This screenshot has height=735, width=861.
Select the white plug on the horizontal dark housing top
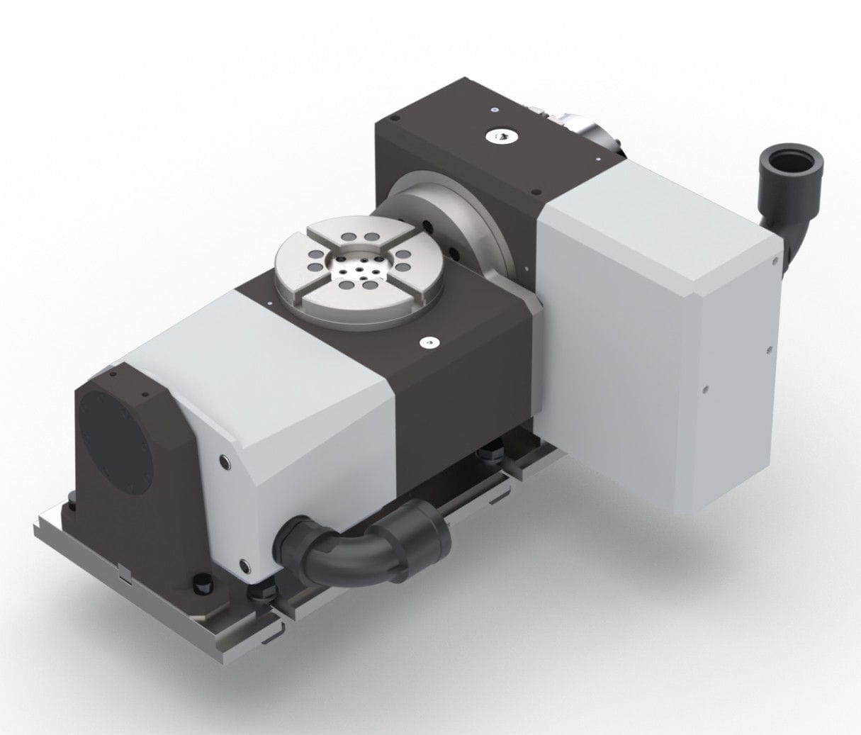point(429,343)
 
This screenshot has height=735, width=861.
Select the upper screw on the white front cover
point(225,461)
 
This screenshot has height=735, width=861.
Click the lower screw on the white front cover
point(244,564)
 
